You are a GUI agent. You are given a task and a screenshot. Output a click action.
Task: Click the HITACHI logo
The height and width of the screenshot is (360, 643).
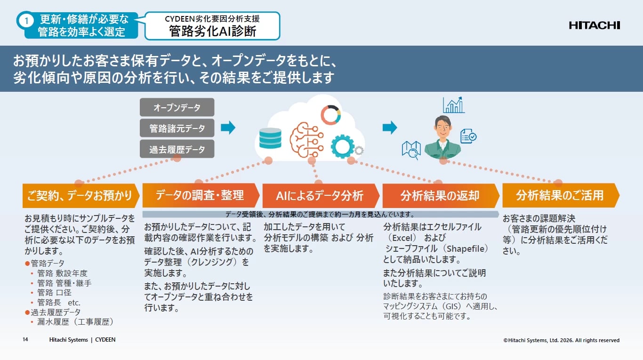point(594,25)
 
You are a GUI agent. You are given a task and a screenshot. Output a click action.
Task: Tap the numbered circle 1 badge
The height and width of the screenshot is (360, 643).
point(26,20)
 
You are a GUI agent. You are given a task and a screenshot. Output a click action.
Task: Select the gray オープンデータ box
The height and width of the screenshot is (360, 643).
point(177,107)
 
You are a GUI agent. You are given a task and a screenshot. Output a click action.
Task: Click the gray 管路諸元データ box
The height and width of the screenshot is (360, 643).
point(177,128)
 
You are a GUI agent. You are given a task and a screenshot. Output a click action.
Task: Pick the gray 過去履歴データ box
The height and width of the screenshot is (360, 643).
point(177,149)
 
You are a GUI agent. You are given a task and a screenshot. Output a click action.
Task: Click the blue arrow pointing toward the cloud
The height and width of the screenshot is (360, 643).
point(228,128)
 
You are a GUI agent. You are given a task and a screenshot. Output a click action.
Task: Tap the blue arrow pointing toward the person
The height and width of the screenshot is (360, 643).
point(390,128)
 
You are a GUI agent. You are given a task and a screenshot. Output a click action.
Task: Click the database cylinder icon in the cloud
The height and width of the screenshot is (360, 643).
point(270,138)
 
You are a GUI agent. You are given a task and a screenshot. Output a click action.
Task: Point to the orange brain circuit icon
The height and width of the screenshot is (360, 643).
point(306,140)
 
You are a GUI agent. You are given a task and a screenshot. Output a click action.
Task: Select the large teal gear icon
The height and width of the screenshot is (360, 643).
point(343,146)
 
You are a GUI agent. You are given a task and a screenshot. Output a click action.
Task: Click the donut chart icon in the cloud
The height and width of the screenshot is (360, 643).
point(331,115)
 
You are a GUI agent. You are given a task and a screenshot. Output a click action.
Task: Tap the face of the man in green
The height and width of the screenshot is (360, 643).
point(442,128)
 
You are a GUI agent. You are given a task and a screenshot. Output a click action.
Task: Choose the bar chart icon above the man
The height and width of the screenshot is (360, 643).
point(454,105)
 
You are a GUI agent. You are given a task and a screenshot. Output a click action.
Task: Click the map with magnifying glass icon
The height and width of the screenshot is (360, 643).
point(411,150)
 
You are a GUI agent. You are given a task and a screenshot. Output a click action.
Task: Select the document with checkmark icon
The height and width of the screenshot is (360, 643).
point(468,136)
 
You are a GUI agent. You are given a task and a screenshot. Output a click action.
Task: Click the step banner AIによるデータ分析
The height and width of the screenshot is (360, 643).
point(321,195)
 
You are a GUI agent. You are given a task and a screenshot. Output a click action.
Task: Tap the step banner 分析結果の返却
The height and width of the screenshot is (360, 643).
point(441,195)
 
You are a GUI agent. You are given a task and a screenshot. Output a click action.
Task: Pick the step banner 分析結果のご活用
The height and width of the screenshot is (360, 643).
point(561,195)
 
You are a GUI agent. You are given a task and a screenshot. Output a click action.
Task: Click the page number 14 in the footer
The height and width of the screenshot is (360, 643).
point(25,340)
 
